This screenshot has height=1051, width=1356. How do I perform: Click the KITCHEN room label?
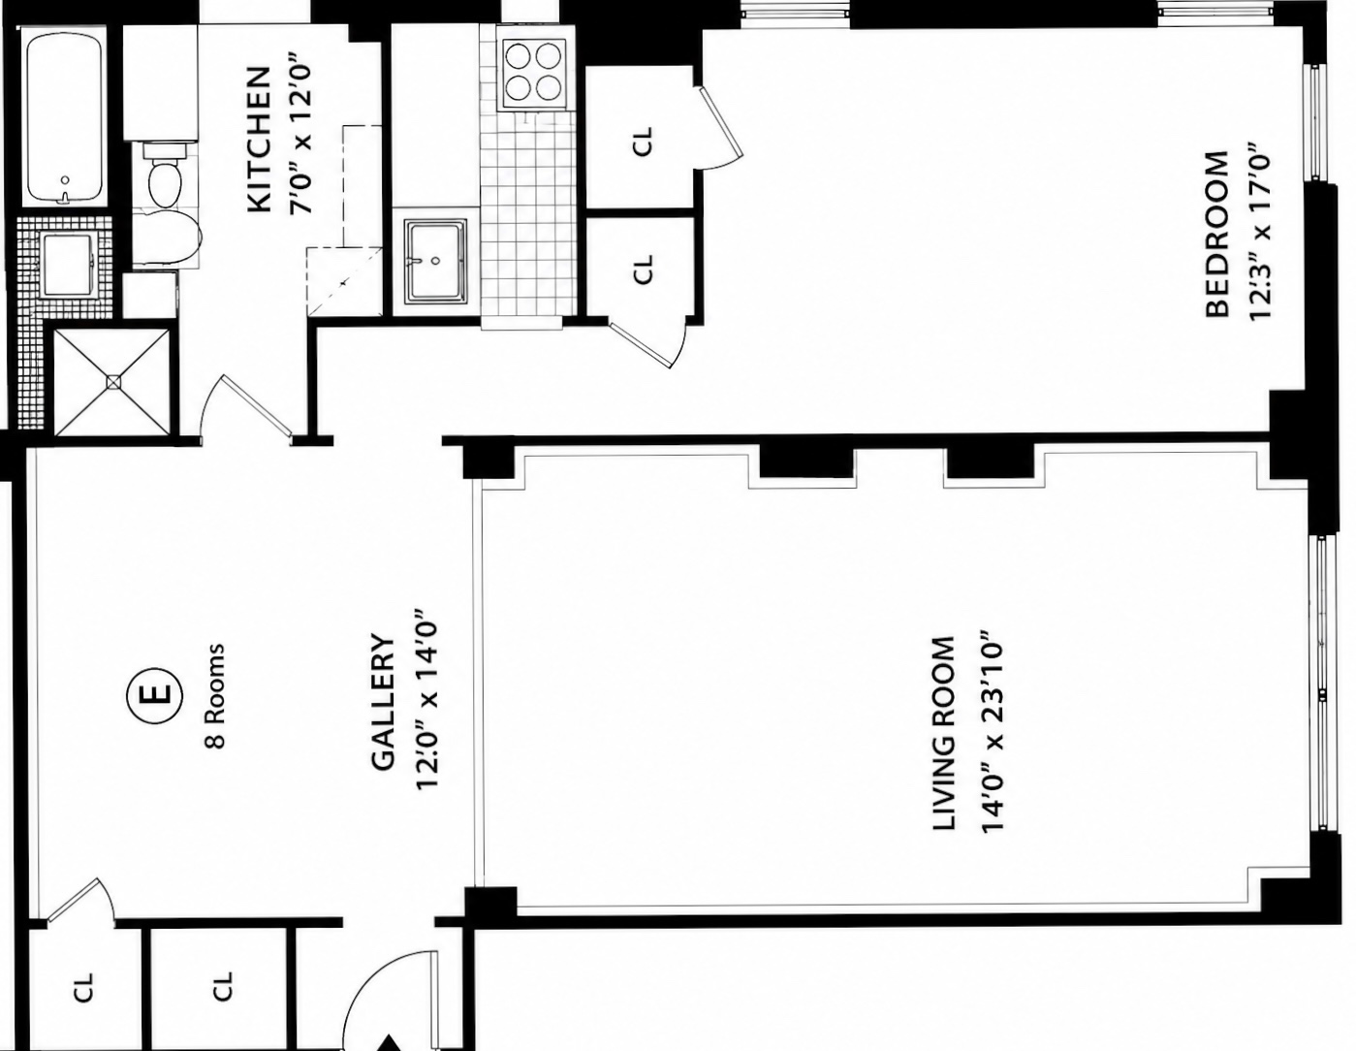pos(259,140)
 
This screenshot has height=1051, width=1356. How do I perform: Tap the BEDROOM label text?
pos(1216,234)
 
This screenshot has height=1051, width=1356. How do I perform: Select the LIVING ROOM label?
pos(943,733)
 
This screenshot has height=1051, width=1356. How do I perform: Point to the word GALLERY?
pos(383,702)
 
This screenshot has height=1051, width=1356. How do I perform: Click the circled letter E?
pos(155,694)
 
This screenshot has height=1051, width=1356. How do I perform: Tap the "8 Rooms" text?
pos(215,695)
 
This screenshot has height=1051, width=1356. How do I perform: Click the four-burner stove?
pos(532,75)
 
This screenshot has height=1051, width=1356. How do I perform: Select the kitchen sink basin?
pos(435,261)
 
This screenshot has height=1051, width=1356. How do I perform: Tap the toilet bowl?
pos(166,176)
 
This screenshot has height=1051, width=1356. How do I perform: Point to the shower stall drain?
pos(113,382)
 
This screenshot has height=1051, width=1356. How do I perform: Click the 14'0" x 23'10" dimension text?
pos(992,733)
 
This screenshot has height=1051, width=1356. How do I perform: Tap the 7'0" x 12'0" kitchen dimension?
pos(300,140)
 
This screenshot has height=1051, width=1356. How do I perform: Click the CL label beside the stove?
pos(643,141)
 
